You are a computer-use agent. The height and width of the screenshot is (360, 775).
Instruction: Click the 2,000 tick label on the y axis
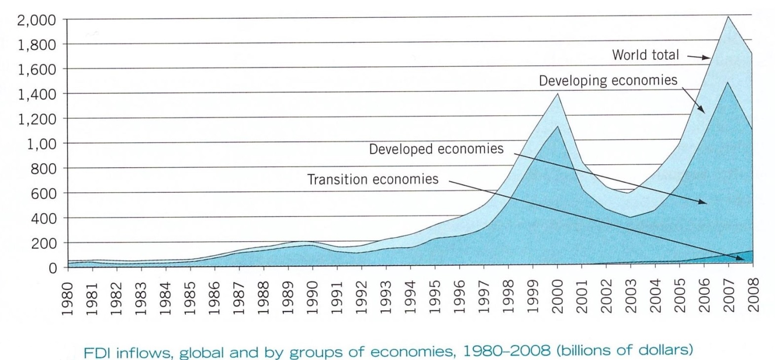click(x=36, y=20)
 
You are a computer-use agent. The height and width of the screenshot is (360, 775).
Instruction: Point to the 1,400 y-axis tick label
click(x=36, y=94)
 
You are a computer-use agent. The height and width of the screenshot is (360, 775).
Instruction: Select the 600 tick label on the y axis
click(x=44, y=193)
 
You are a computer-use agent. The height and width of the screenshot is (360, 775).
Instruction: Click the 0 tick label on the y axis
click(x=52, y=268)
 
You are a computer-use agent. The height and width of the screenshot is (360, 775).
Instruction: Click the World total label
click(x=645, y=55)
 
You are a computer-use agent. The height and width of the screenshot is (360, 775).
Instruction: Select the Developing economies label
click(x=608, y=80)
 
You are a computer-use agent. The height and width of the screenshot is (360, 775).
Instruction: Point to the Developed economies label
click(x=436, y=149)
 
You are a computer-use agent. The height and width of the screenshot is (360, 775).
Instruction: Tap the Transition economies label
click(x=372, y=179)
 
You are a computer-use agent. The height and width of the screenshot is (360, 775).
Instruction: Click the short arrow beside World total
click(x=698, y=57)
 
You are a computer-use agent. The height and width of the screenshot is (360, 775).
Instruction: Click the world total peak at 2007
click(x=728, y=17)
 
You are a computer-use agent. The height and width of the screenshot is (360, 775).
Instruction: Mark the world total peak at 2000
click(x=557, y=94)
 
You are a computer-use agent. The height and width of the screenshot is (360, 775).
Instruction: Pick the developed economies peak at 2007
click(x=728, y=82)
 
